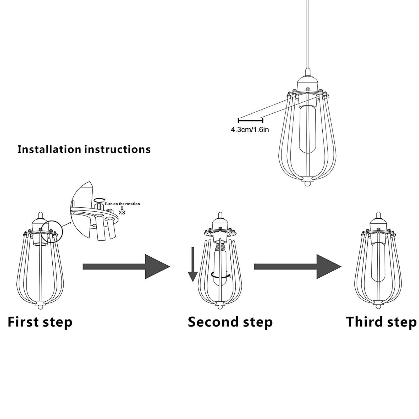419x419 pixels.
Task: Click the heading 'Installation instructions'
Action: [x=84, y=149]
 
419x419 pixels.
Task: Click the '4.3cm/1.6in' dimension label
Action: [x=250, y=130]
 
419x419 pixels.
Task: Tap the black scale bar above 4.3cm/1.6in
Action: [x=250, y=120]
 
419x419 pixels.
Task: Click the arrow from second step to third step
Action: [x=297, y=267]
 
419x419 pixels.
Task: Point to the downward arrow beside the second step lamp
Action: [x=193, y=264]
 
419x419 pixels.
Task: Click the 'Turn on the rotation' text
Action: [x=122, y=204]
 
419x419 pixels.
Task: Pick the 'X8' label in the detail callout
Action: [x=122, y=212]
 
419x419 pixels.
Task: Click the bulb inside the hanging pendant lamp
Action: [x=306, y=131]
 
